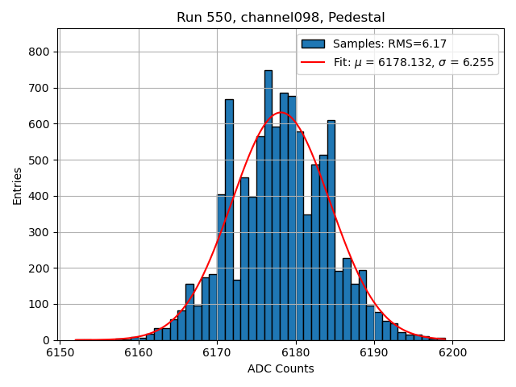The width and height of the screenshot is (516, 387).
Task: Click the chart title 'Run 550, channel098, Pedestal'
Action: click(281, 17)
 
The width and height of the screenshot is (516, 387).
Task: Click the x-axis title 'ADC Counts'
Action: click(281, 369)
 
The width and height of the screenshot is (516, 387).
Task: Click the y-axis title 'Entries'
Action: click(17, 185)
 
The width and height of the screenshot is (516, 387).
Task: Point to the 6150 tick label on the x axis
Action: click(60, 353)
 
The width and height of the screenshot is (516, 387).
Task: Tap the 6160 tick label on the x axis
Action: click(139, 353)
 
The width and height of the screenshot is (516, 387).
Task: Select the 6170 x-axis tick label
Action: click(217, 353)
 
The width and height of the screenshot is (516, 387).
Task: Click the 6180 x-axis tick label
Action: click(296, 353)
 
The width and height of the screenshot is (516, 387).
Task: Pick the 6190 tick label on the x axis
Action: click(374, 353)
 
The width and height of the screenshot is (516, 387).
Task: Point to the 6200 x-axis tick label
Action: click(452, 353)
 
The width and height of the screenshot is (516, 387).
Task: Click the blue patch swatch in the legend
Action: click(313, 44)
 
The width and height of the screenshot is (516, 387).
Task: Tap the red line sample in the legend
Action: click(313, 62)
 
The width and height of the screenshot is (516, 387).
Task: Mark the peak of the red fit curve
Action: click(281, 112)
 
